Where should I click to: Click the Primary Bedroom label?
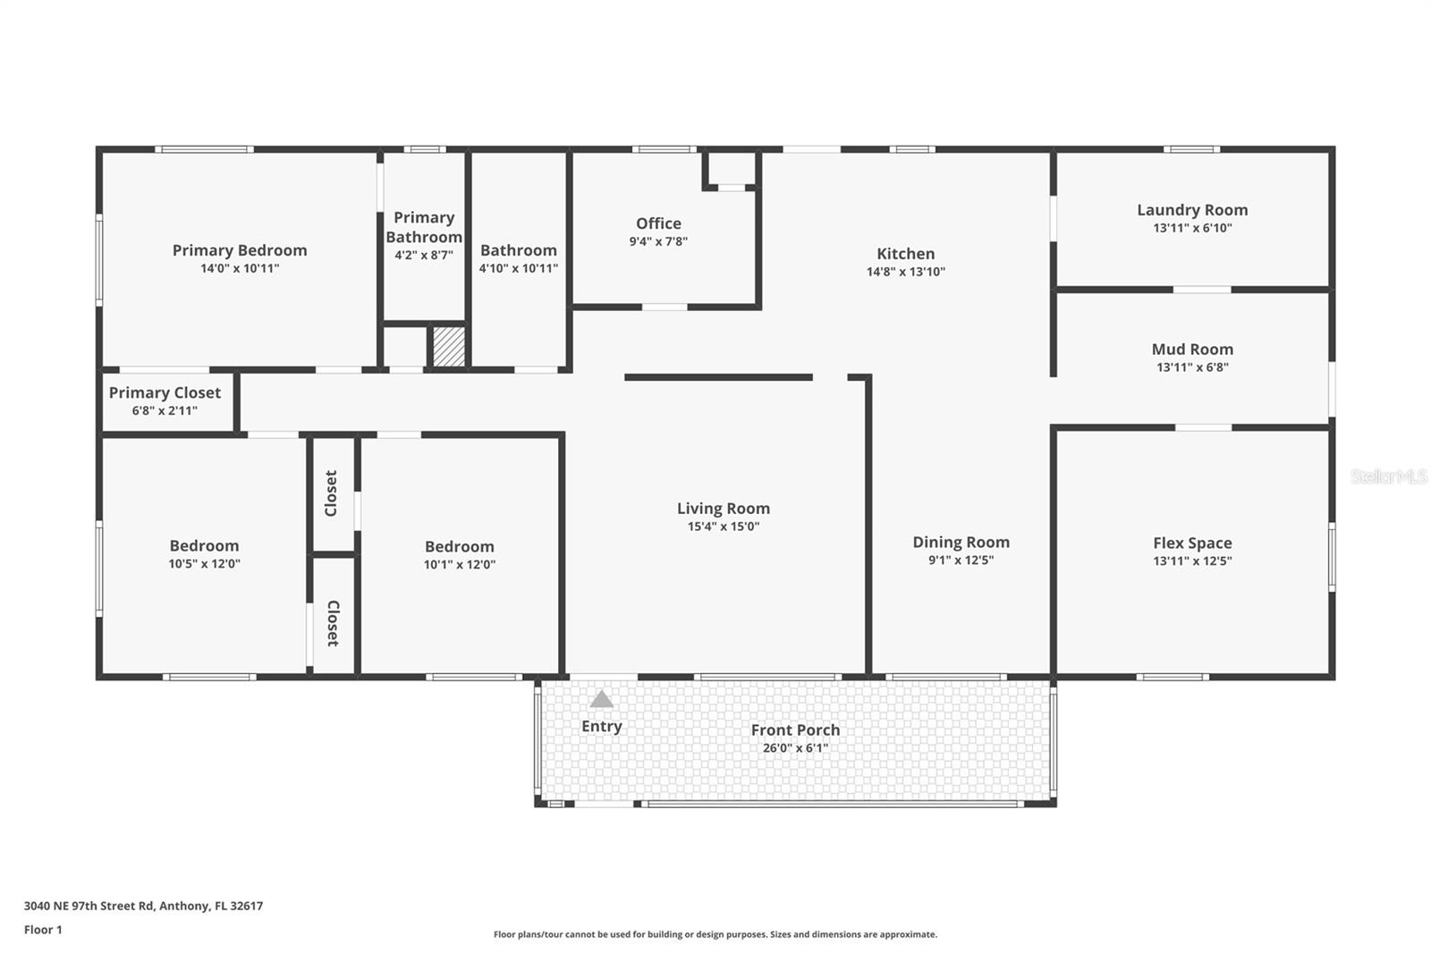pos(240,250)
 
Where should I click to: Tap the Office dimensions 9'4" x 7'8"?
pos(658,241)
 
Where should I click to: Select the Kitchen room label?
pos(905,254)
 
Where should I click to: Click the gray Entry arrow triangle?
pos(602,699)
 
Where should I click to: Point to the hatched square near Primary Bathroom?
pos(449,347)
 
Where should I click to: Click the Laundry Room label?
pos(1192,210)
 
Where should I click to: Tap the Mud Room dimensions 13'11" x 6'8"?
pos(1192,367)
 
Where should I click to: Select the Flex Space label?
pos(1192,543)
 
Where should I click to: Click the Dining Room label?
pos(961,542)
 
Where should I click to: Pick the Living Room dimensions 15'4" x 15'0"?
pos(723,527)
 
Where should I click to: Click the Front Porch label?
pos(795,730)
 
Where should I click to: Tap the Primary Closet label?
pos(165,392)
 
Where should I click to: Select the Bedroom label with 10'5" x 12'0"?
pos(204,545)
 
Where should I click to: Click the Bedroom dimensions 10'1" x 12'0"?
pos(459,564)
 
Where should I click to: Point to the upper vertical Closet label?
pos(332,493)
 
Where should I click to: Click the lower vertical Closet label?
pos(332,623)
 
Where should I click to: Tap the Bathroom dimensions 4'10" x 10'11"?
pos(518,268)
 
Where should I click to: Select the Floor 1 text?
pos(43,930)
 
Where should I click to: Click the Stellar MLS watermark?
pos(1388,476)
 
